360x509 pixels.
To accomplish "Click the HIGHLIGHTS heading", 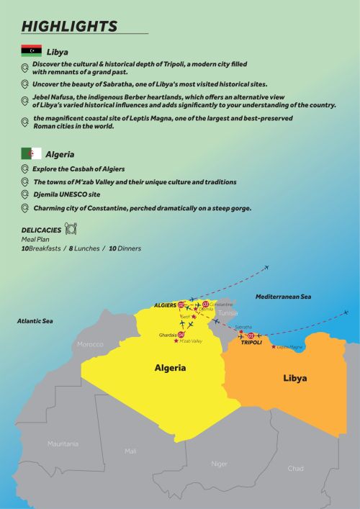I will (69, 26).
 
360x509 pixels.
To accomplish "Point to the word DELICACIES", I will (42, 231).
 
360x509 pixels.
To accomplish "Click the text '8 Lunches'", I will (85, 248).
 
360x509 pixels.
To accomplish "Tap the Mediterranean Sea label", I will (284, 297).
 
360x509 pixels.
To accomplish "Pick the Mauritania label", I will (63, 443).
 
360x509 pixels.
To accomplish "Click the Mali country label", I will (130, 451).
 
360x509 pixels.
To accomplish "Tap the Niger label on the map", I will (219, 464).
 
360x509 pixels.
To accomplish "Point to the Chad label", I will (295, 468).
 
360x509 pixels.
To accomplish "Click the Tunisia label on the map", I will (228, 313).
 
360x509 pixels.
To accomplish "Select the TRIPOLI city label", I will (251, 343).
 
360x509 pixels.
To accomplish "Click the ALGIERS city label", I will (165, 305).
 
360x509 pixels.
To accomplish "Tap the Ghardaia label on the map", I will (168, 335).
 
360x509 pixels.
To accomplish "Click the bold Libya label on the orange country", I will (294, 378).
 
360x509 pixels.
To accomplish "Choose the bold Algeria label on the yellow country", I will (171, 368).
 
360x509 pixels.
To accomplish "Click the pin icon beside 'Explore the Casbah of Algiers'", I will (25, 169).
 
